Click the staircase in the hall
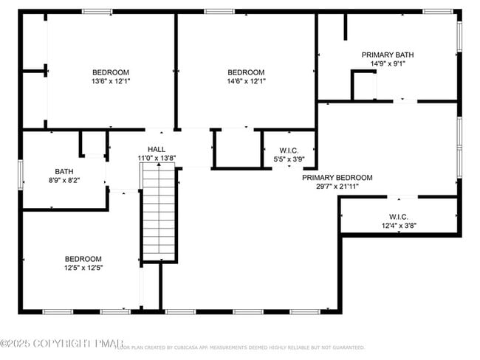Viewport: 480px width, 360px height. (x=159, y=213)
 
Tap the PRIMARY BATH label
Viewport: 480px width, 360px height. (x=387, y=55)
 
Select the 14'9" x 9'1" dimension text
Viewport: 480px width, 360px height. (x=387, y=63)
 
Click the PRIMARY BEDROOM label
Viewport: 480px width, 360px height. (x=337, y=178)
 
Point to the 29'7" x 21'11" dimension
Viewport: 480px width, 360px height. (x=337, y=187)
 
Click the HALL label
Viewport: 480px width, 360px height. (x=157, y=149)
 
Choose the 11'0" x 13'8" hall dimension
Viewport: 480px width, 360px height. (x=157, y=158)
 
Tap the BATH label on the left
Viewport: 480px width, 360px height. (x=64, y=171)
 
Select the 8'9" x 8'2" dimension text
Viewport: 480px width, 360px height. (x=64, y=180)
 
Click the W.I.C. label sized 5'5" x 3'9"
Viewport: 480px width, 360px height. (x=289, y=150)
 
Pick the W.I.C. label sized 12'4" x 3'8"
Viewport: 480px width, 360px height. (x=399, y=217)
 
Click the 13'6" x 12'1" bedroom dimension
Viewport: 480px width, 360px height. (x=111, y=81)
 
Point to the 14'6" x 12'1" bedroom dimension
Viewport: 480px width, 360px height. (x=246, y=81)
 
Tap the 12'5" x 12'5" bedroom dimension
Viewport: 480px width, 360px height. (x=83, y=268)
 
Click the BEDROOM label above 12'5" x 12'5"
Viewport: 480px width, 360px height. (x=83, y=259)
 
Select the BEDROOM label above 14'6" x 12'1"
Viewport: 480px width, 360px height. (x=246, y=72)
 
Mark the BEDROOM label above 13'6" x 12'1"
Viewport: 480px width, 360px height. (x=111, y=72)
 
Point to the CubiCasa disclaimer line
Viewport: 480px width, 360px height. (x=240, y=347)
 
